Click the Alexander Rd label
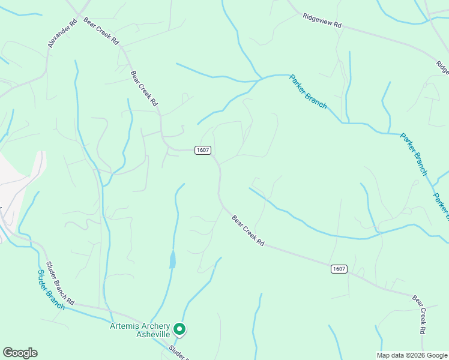click(62, 33)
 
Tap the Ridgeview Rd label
click(322, 21)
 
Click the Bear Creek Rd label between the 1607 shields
click(248, 230)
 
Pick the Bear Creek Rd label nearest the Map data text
click(420, 314)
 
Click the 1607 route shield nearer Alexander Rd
click(202, 150)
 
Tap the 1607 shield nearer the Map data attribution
click(339, 269)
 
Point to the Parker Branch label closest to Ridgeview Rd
click(308, 91)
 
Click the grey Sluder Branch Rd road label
click(61, 283)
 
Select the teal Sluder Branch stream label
click(51, 290)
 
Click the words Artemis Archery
click(139, 326)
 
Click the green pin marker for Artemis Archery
click(179, 329)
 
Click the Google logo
click(20, 353)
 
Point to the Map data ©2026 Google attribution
click(412, 355)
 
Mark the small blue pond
click(173, 260)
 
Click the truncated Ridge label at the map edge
click(442, 65)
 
